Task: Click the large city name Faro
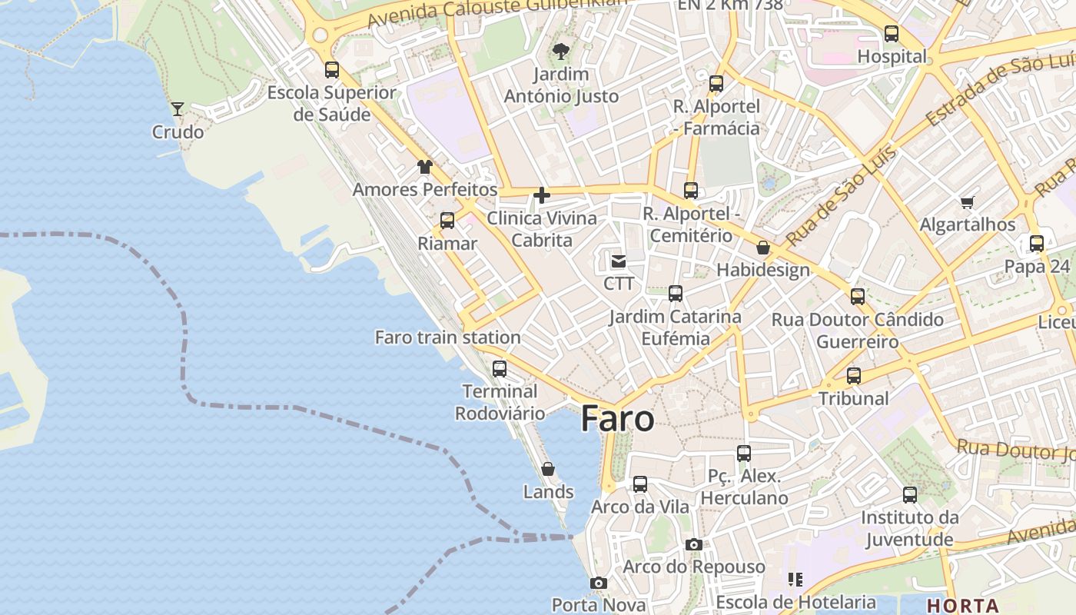point(618,419)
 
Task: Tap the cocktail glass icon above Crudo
point(178,109)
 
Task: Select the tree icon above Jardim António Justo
point(560,52)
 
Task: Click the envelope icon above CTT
point(619,261)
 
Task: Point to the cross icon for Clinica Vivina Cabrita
point(542,195)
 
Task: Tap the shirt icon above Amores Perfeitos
point(424,166)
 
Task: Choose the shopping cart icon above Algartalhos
point(967,202)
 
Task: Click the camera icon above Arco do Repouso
point(693,544)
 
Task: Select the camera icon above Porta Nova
point(598,583)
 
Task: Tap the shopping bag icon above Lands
point(548,468)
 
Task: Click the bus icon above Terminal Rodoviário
point(500,368)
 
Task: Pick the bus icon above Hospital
point(892,34)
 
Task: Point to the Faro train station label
point(447,337)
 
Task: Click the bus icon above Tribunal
point(853,376)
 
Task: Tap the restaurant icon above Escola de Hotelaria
point(795,579)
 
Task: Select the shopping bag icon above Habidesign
point(763,248)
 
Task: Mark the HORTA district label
point(962,605)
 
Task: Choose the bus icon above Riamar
point(447,221)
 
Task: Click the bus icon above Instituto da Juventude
point(910,494)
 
